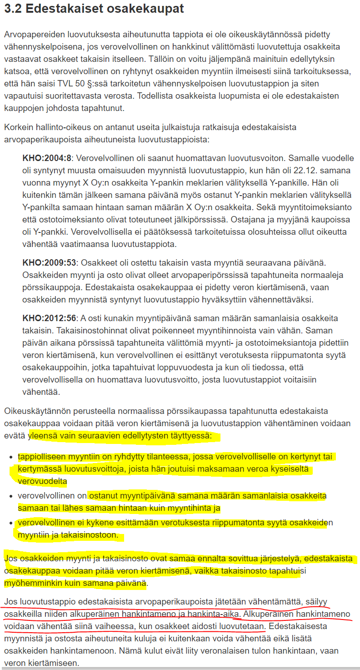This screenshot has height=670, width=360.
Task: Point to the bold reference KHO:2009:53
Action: [49, 263]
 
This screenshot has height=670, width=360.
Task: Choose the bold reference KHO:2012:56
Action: [49, 318]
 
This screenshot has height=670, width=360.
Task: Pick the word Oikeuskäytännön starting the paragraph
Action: [35, 412]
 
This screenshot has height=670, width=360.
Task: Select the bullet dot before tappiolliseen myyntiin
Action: [12, 457]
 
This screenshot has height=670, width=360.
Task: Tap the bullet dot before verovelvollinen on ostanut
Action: [12, 496]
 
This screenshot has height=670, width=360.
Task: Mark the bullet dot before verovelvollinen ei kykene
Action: [12, 523]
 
